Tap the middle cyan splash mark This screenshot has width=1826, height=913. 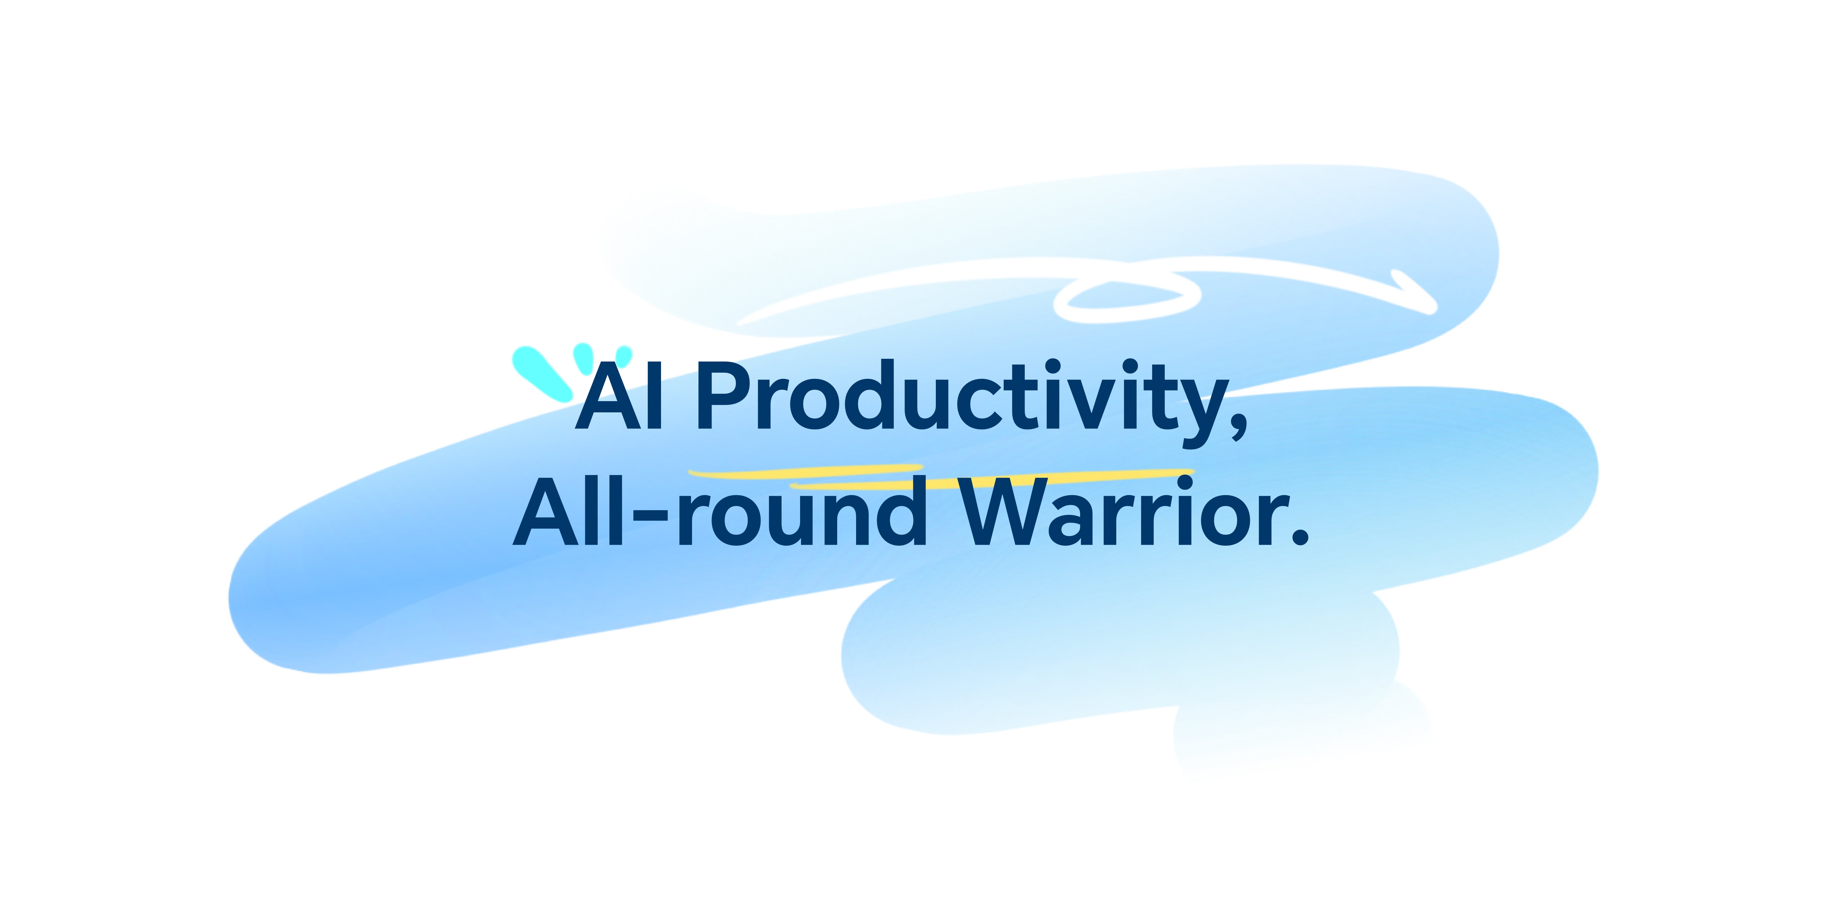click(584, 358)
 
